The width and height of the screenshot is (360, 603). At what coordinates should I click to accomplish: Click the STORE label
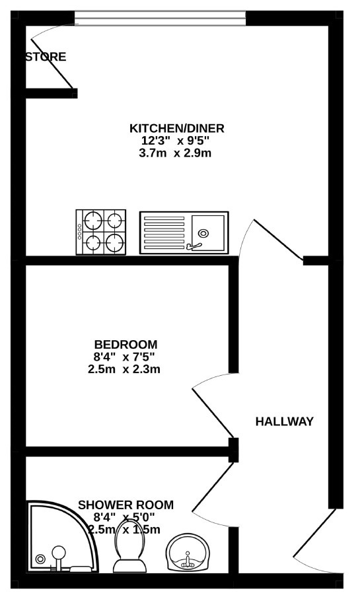point(46,57)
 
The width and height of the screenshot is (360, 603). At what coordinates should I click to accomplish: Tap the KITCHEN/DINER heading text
point(177,127)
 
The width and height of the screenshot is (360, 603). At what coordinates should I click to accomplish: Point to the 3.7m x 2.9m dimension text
point(175,153)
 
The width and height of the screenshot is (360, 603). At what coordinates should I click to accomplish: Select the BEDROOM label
point(126,344)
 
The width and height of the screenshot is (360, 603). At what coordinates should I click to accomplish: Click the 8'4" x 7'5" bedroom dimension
point(124,357)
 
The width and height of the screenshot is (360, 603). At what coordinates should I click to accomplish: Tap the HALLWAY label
point(285,421)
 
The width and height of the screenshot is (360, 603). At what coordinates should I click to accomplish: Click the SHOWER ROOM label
point(126,505)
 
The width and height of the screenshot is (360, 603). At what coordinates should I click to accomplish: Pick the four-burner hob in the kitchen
point(101,232)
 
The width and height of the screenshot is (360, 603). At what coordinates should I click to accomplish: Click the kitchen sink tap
point(194,244)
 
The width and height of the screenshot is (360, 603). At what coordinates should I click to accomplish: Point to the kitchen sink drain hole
point(203,232)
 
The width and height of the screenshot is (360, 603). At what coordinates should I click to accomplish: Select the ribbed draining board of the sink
point(164,232)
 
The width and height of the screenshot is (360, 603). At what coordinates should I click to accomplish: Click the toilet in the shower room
point(129,546)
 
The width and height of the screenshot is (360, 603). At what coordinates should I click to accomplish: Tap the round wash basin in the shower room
point(188,552)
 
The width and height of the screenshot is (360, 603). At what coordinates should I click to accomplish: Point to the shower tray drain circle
point(40,559)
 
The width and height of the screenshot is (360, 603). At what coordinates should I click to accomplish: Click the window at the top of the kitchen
point(161,18)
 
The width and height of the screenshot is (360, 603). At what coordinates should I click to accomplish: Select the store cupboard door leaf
point(52,63)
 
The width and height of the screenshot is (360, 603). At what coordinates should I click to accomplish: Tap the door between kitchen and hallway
point(278,240)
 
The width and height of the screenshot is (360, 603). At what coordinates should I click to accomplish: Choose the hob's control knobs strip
point(80,232)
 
